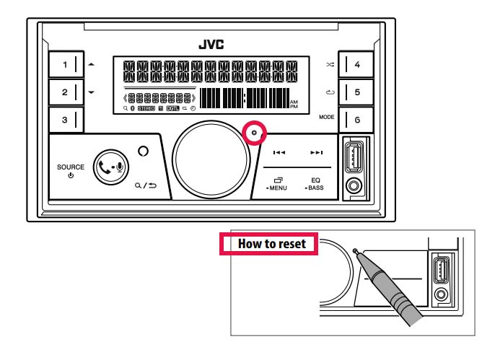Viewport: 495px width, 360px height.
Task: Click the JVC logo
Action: click(211, 45)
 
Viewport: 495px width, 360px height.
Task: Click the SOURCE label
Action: click(71, 167)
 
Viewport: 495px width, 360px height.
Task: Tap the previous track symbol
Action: click(279, 153)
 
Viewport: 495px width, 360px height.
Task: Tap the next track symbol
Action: click(316, 153)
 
